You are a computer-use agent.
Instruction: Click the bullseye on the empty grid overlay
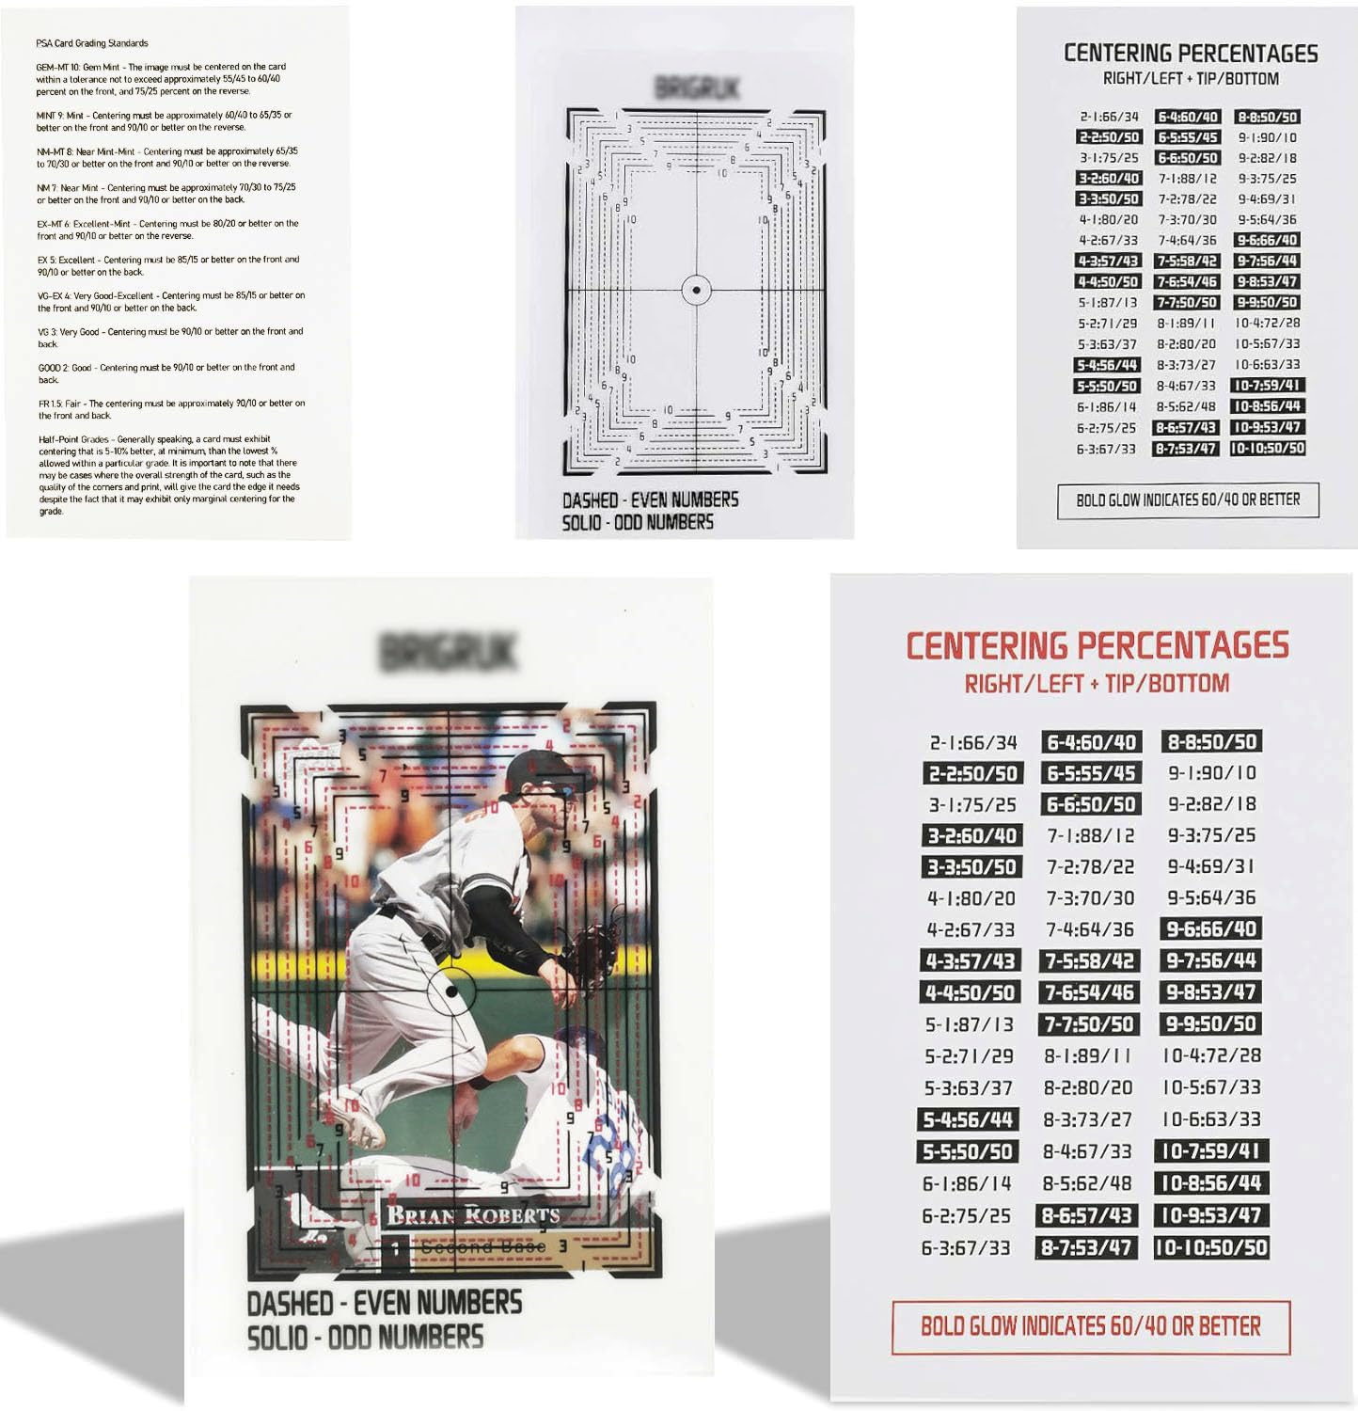coord(696,290)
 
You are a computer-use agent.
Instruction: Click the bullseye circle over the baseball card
coord(451,991)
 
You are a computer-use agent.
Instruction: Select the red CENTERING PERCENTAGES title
coord(1097,646)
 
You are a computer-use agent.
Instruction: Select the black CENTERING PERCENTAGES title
coord(1191,54)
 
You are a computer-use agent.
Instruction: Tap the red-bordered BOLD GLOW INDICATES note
coord(1090,1326)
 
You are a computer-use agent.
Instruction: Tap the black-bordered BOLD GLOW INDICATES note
coord(1188,499)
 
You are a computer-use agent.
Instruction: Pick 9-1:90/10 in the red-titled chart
coord(1211,772)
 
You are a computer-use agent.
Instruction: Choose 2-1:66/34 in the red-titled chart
coord(972,742)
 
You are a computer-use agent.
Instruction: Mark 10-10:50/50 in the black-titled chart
coord(1267,449)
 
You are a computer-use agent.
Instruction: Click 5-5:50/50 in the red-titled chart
coord(968,1151)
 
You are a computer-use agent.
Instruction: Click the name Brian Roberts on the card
coord(473,1214)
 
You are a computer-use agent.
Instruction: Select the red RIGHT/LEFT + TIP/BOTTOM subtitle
coord(1097,684)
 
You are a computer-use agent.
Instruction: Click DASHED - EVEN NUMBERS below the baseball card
coord(384,1303)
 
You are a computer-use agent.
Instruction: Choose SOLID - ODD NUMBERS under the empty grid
coord(638,522)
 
